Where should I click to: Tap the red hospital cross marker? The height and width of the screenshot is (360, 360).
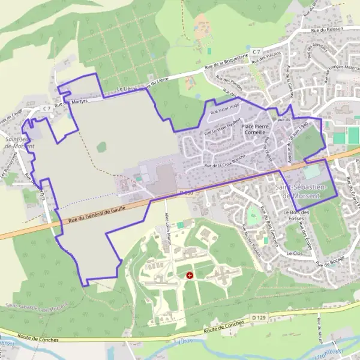point(190,275)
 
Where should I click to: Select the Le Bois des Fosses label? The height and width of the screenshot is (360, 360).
point(296,215)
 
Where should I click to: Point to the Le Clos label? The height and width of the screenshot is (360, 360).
point(294,253)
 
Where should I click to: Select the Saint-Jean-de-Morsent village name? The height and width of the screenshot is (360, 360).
point(16,142)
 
